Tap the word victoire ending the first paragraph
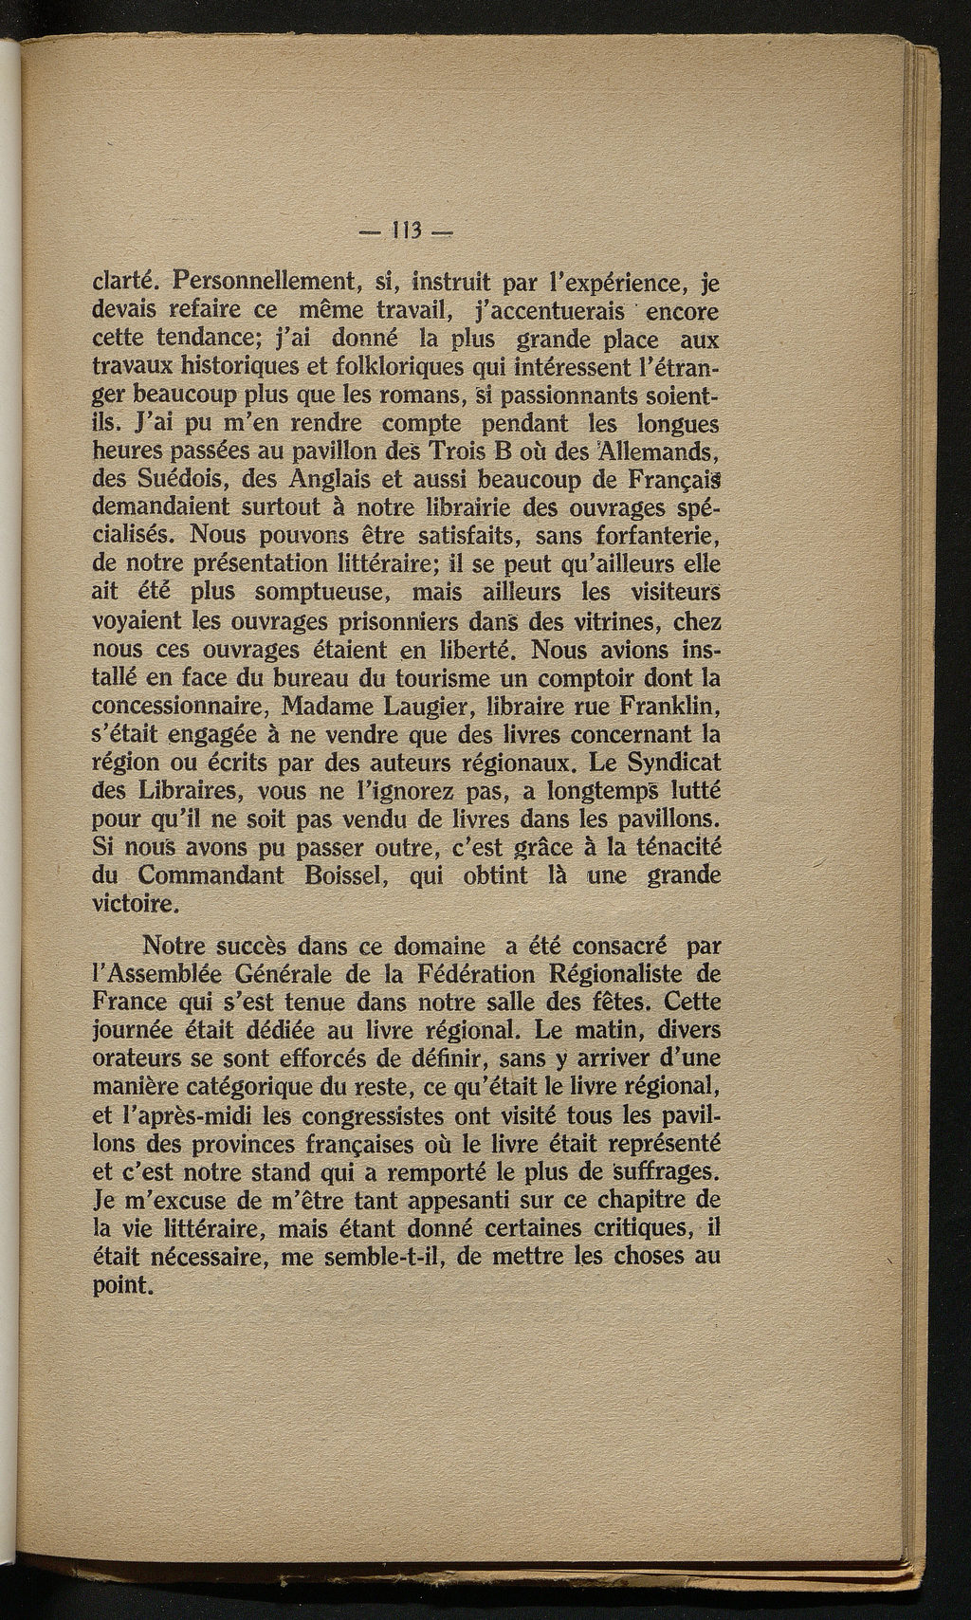[x=135, y=904]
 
